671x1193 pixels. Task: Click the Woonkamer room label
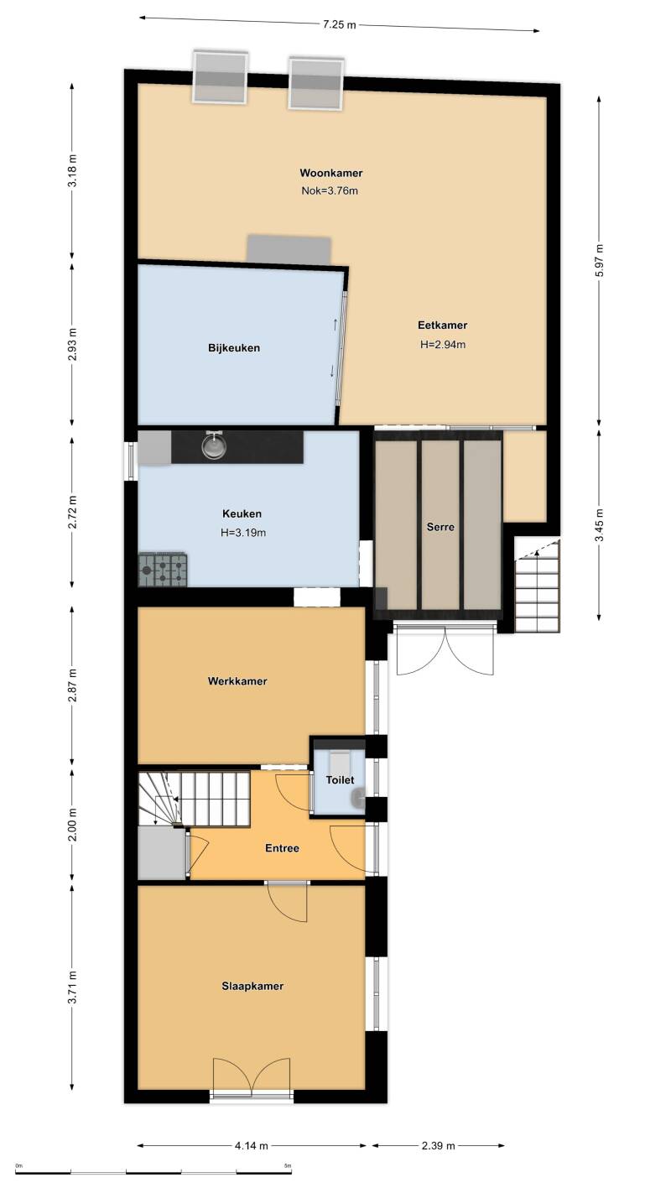330,173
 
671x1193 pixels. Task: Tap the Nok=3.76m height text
330,190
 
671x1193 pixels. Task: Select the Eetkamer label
443,326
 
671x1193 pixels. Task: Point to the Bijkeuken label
234,348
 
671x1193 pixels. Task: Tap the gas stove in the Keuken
163,570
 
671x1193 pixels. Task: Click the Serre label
440,527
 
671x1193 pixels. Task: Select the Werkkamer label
237,681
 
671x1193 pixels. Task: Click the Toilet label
340,780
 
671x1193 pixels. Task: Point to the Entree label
283,848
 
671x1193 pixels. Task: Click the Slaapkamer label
252,987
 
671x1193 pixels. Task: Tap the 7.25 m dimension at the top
339,24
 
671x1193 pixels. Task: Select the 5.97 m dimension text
601,260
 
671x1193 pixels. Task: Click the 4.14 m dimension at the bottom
252,1146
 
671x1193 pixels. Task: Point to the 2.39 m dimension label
439,1146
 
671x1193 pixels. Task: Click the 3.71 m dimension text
72,987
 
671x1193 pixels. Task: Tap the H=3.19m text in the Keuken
243,533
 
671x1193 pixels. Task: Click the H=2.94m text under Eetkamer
443,345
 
